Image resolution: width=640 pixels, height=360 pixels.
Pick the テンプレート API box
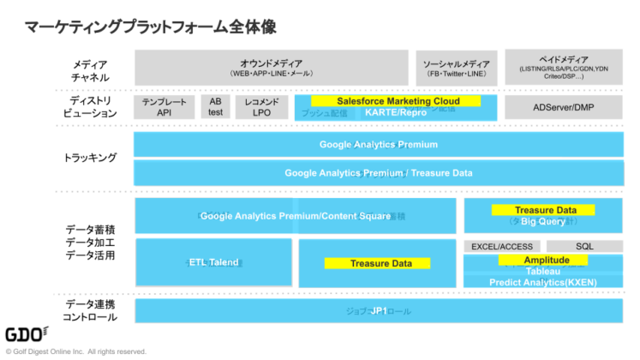[x=164, y=106]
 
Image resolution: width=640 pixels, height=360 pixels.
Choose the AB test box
[x=215, y=106]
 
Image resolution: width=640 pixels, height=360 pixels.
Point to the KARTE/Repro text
[x=395, y=112]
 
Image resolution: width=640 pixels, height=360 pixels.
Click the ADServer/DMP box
[x=563, y=106]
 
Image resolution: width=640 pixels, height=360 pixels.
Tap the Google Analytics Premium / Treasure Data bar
[x=378, y=172]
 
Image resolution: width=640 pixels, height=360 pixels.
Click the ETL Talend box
[x=215, y=263]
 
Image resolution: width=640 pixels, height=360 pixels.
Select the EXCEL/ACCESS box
[x=502, y=246]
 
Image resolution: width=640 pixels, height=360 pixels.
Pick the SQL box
[x=584, y=246]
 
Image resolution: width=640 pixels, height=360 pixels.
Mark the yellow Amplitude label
[x=546, y=260]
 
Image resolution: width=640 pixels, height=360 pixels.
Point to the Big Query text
[x=543, y=221]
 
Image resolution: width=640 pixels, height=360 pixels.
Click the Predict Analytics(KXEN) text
[x=542, y=282]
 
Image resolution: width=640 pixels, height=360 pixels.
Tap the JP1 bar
[x=378, y=310]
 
